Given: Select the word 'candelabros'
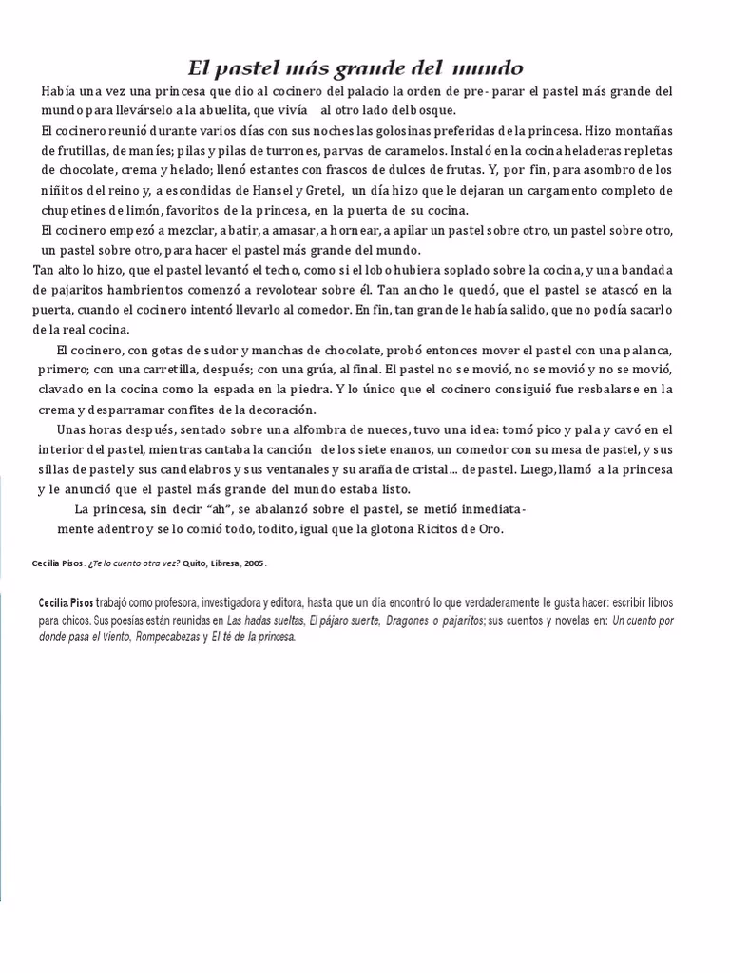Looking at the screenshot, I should click(x=209, y=469).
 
